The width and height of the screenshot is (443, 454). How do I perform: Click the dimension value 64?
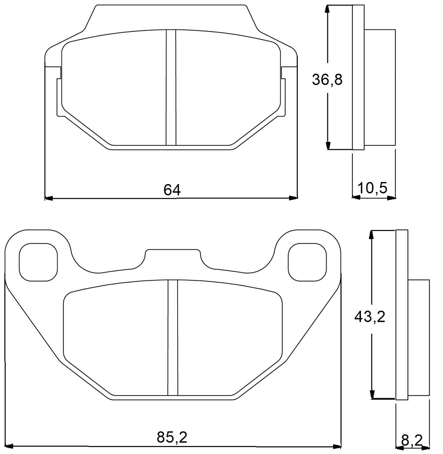(x=172, y=190)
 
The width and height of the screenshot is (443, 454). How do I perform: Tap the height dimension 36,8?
(x=327, y=79)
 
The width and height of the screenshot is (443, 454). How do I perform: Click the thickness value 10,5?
(x=372, y=188)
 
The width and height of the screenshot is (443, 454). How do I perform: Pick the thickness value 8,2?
(x=411, y=441)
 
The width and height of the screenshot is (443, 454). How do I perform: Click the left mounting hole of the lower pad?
(x=38, y=262)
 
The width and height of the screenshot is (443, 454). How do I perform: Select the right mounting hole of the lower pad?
(x=307, y=262)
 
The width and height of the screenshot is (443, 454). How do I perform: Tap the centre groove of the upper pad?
(x=171, y=87)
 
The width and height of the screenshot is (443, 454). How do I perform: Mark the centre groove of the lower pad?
(x=173, y=337)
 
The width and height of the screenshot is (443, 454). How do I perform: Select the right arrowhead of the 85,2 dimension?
(x=336, y=446)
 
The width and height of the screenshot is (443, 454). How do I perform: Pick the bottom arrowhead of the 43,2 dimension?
(x=372, y=394)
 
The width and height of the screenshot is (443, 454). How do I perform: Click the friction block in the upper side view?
(x=380, y=87)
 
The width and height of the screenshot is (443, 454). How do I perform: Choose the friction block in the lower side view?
(x=419, y=337)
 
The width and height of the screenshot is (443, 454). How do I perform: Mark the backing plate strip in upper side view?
(x=358, y=77)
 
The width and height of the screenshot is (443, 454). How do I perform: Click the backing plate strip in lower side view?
(x=401, y=315)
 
